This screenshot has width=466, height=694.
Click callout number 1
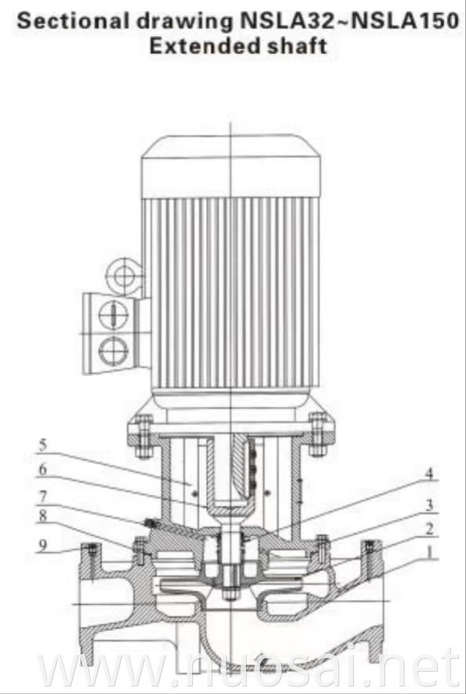(431, 552)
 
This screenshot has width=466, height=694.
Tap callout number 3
(430, 505)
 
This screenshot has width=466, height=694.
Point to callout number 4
(430, 474)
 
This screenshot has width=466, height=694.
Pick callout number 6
(43, 469)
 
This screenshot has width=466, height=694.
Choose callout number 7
(43, 496)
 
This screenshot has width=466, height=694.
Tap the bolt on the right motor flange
(317, 434)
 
